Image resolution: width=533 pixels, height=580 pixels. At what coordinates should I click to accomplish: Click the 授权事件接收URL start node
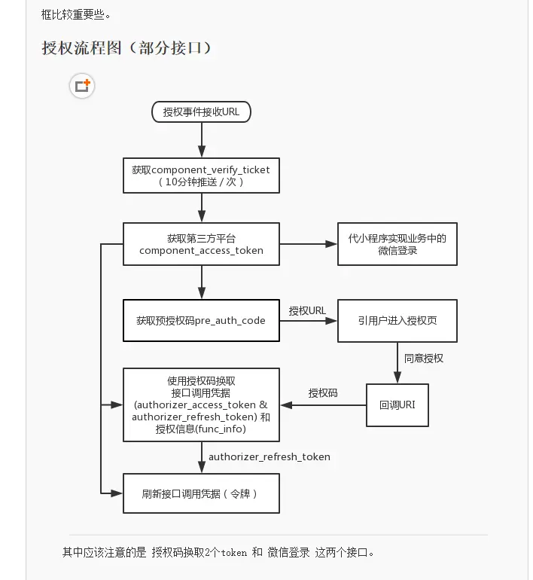201,112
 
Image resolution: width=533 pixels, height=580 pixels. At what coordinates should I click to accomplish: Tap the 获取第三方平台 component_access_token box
201,244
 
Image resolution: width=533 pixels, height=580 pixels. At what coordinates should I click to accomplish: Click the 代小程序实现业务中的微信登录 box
397,244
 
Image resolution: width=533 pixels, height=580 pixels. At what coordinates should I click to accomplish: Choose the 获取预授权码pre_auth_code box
201,320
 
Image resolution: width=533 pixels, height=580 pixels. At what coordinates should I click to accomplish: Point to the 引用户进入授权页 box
397,320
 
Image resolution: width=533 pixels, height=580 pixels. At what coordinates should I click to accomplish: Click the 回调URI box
397,404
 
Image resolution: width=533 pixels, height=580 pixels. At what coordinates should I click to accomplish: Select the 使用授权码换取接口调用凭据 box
201,404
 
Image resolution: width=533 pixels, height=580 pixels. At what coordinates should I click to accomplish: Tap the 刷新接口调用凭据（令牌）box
201,493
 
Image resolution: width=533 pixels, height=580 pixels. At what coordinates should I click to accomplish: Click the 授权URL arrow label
307,310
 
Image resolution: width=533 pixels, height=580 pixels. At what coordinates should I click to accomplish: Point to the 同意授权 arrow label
424,358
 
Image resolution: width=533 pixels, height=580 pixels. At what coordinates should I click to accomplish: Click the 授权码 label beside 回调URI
323,393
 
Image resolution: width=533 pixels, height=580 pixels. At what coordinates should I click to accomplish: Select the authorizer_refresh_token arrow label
269,456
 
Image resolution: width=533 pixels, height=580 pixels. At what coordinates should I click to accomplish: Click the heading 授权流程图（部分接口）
126,48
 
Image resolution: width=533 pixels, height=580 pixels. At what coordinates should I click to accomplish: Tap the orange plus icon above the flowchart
82,86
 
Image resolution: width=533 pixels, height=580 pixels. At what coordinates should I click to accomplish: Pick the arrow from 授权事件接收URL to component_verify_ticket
201,140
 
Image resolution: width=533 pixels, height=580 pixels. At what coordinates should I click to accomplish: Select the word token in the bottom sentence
234,552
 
